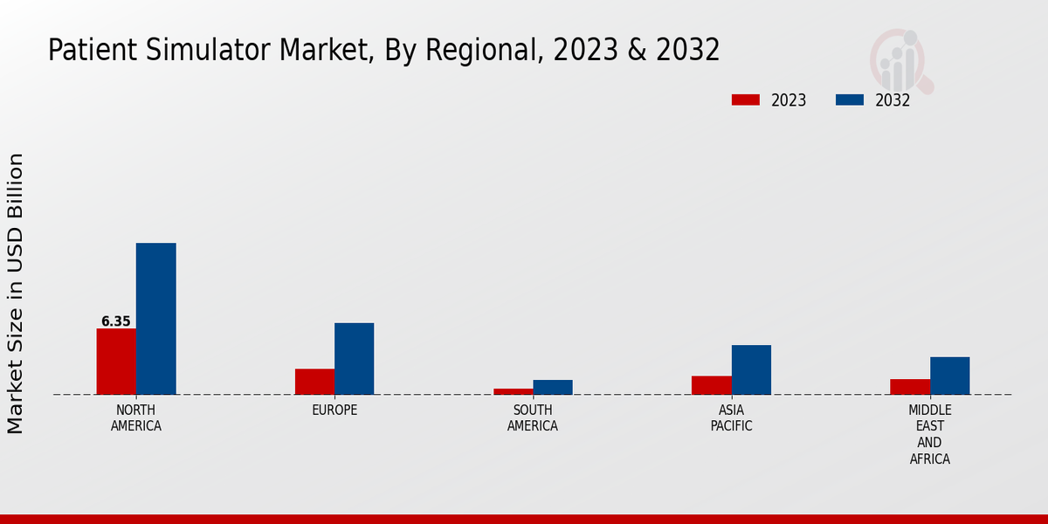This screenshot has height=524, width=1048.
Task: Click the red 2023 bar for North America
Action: tap(116, 362)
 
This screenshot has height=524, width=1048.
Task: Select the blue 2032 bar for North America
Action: tap(155, 319)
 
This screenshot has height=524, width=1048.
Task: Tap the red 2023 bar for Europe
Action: tap(314, 382)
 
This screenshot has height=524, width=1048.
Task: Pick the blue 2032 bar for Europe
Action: tap(354, 359)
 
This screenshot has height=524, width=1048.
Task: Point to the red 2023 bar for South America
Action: tap(513, 391)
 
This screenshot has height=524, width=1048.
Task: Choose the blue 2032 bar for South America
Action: tap(553, 387)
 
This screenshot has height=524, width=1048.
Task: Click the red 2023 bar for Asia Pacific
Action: tap(711, 385)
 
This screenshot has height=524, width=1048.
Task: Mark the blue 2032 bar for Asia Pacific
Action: tap(751, 369)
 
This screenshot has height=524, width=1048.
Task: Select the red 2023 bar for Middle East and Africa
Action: tap(910, 387)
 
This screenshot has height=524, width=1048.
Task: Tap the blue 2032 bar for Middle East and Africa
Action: tap(949, 376)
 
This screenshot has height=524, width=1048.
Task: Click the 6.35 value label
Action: tap(116, 321)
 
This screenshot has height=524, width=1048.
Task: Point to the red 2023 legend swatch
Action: tap(745, 100)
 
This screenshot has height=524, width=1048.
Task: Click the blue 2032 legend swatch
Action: tap(849, 100)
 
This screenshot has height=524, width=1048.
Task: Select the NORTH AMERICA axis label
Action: tap(136, 418)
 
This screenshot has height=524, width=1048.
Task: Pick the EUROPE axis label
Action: tap(334, 410)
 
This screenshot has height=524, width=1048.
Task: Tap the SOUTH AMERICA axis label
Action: tap(533, 418)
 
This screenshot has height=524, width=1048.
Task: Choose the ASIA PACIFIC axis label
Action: tap(731, 418)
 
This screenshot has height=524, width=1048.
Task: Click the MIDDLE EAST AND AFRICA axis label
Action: tap(930, 435)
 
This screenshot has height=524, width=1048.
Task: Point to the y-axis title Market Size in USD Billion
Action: tap(16, 293)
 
